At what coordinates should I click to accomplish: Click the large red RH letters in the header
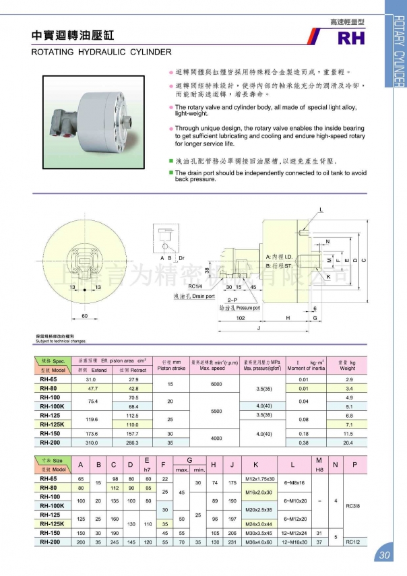(351, 38)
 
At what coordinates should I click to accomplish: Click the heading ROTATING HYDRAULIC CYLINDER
(102, 51)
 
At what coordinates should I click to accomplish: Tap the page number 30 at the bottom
(385, 555)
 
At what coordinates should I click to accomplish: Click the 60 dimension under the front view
(85, 315)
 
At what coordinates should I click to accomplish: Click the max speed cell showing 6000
(216, 383)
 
